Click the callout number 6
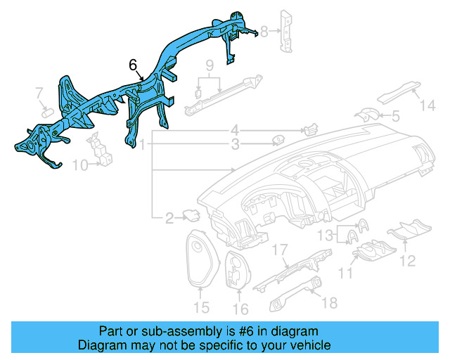(133, 65)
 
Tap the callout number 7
(39, 92)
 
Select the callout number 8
(264, 30)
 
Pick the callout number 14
(428, 106)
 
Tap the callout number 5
(395, 116)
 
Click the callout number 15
(202, 307)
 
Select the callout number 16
(240, 309)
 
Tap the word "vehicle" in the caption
(307, 345)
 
